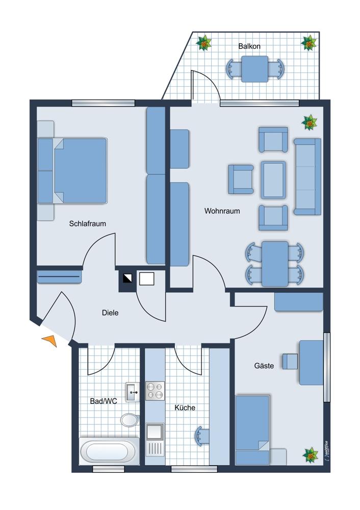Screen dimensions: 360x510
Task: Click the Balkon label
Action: tap(249, 46)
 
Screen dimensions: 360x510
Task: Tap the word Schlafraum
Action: tap(88, 223)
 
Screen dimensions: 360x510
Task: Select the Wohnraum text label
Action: tap(222, 211)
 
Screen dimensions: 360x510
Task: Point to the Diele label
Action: tap(110, 313)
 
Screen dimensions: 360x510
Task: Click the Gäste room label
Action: tap(264, 366)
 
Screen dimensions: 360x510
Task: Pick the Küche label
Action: tap(185, 407)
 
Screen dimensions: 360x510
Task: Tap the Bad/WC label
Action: tap(104, 401)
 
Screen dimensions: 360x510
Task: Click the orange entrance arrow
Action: tap(50, 340)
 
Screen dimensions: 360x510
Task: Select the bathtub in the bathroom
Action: tap(109, 451)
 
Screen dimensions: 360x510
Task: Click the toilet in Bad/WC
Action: tap(130, 419)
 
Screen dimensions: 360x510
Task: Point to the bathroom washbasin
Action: tap(133, 392)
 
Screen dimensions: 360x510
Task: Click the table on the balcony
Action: tap(255, 69)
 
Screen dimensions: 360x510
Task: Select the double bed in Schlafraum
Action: tap(72, 171)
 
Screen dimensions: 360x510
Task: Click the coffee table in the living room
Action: tap(273, 180)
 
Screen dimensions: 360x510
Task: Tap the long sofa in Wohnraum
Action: tap(307, 176)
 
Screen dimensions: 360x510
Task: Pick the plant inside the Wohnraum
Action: tap(310, 122)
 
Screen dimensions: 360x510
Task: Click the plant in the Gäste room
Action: tap(310, 455)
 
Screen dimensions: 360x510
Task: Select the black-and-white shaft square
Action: tap(128, 278)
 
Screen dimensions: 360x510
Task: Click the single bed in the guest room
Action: tap(252, 430)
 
